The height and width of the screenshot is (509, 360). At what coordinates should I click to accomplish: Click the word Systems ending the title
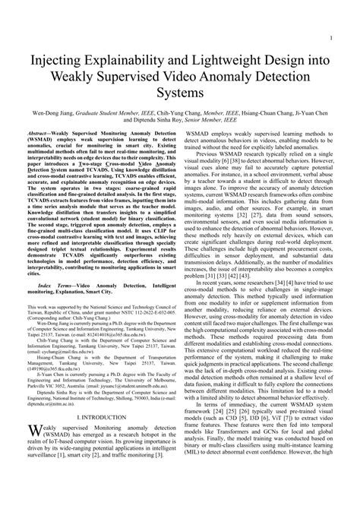tap(180, 94)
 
